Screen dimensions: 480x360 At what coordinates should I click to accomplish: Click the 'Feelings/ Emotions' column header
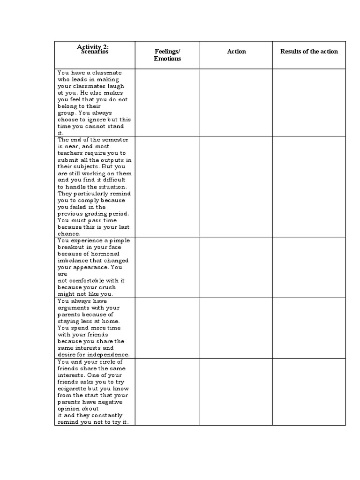[x=167, y=55]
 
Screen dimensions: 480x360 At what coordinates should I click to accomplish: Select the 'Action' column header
[x=236, y=52]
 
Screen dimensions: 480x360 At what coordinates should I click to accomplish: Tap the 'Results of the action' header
[x=309, y=52]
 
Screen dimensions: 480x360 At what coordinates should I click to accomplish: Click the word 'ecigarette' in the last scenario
[x=75, y=389]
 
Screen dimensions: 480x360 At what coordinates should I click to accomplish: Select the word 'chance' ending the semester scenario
[x=69, y=234]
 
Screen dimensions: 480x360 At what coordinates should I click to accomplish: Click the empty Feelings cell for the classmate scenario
[x=167, y=103]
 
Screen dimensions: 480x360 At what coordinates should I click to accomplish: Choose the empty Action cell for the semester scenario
[x=236, y=187]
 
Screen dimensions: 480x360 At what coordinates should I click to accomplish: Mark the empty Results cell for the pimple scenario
[x=309, y=267]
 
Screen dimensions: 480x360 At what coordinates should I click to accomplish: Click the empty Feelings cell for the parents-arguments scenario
[x=167, y=328]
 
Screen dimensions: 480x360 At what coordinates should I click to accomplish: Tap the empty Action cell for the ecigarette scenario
[x=236, y=392]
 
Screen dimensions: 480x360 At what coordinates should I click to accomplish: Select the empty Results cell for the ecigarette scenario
[x=309, y=392]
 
